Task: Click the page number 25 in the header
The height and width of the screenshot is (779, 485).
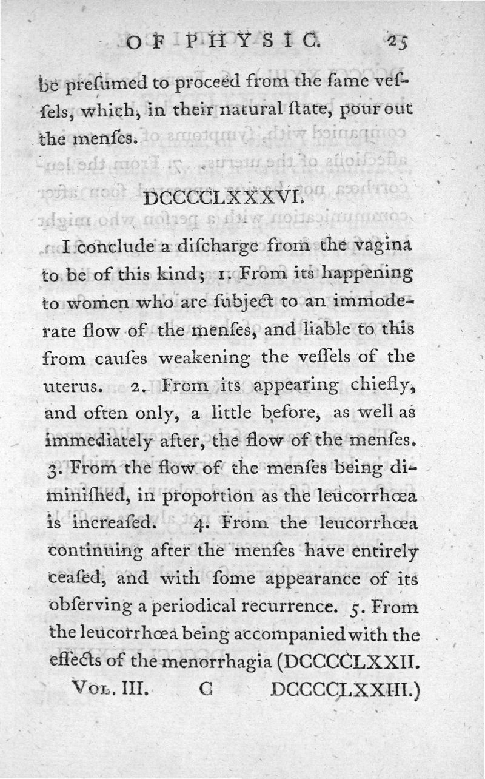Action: (x=398, y=42)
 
